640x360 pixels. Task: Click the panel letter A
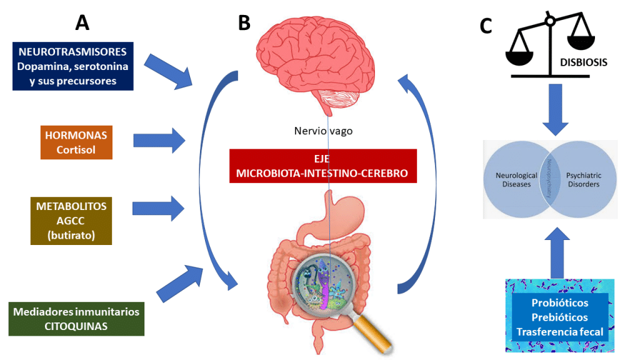(82, 23)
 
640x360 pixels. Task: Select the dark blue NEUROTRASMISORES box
(72, 66)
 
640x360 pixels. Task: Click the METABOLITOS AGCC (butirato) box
(71, 219)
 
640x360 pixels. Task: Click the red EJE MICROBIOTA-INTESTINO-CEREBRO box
(322, 166)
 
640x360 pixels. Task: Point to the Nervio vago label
(322, 131)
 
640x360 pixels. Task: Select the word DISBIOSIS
(584, 62)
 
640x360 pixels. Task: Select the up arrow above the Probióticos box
(558, 253)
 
